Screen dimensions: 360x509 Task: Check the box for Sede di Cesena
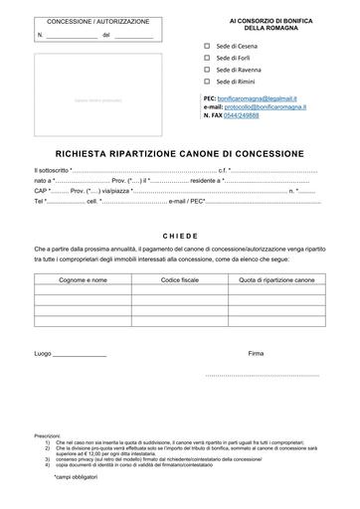coord(207,46)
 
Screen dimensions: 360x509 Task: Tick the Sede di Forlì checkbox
coord(207,58)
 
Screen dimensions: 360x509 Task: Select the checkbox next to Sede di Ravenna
coord(207,70)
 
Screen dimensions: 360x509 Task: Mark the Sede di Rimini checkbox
coord(207,82)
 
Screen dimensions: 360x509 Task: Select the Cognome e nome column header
coord(83,280)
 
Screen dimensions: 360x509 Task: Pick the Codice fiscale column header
coord(180,280)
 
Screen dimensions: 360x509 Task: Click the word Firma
coord(257,352)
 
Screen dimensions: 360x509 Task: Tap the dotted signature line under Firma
coord(267,375)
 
